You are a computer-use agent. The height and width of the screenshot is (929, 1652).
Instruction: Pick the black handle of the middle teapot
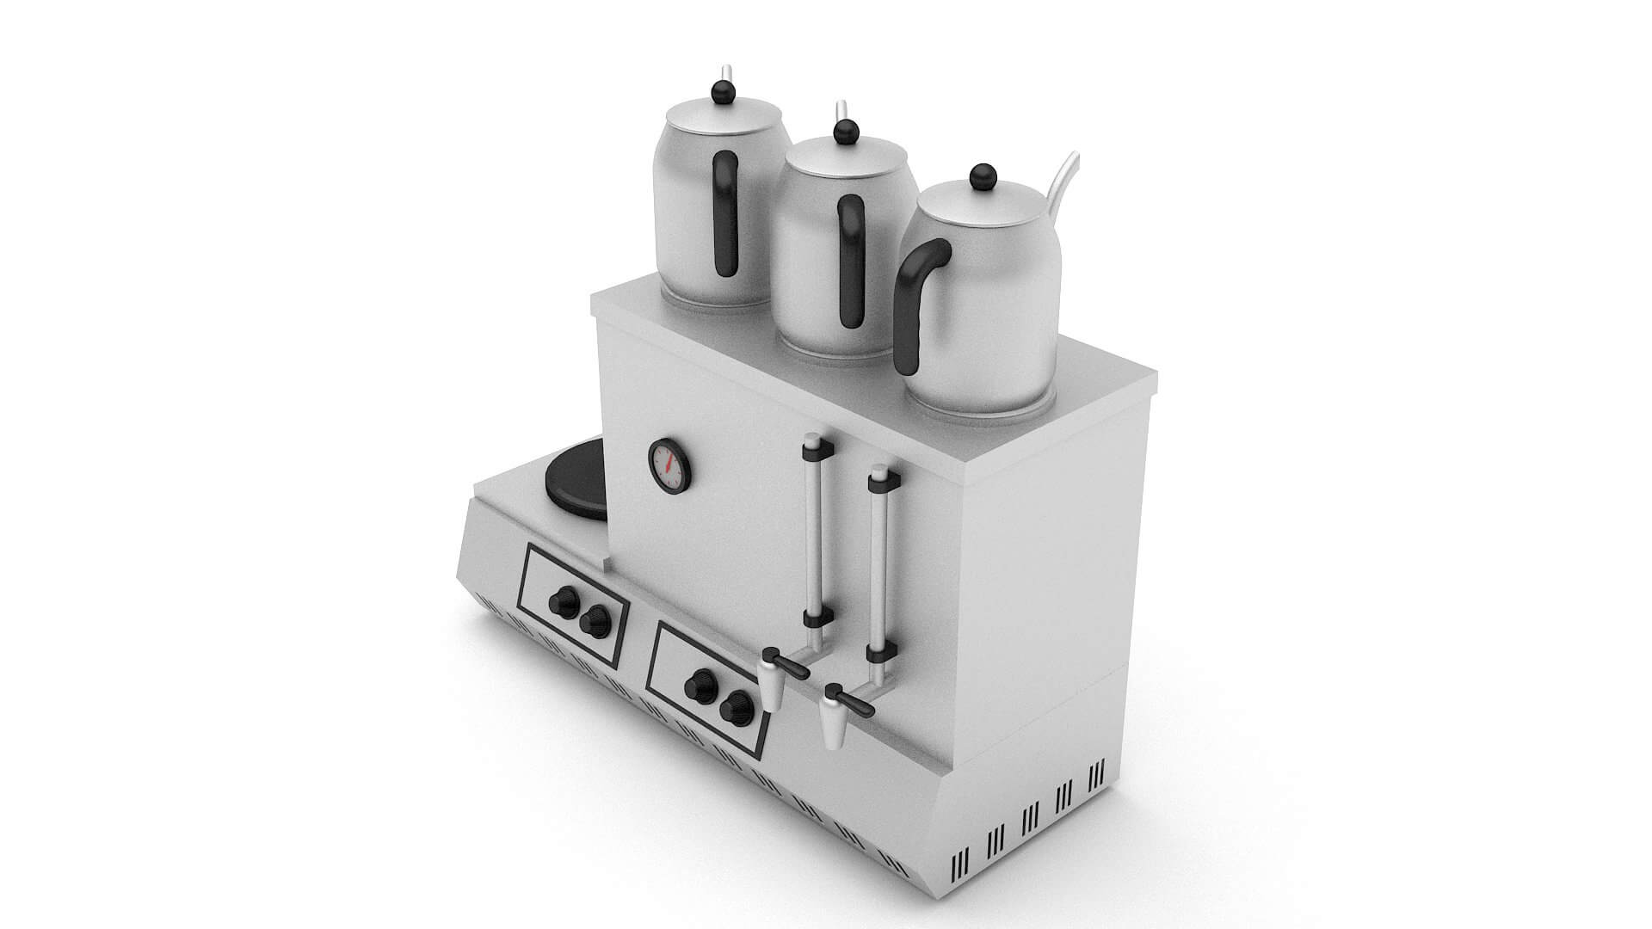(x=850, y=260)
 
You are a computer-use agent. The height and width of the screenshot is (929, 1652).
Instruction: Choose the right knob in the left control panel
(x=593, y=620)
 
